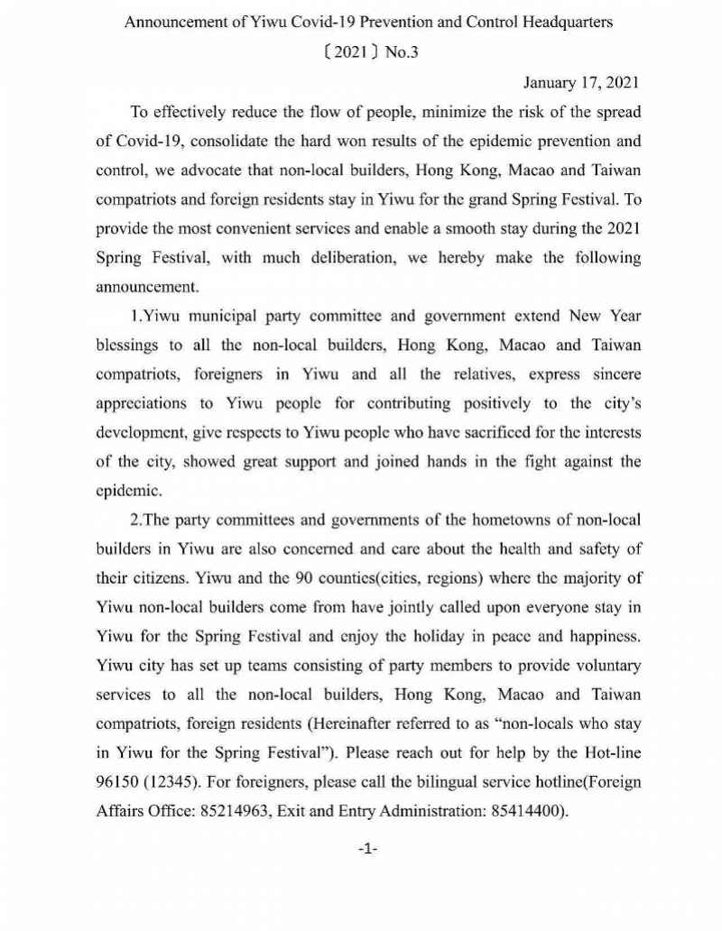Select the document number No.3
(x=402, y=52)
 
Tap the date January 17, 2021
(x=581, y=83)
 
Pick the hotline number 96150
(x=116, y=783)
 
